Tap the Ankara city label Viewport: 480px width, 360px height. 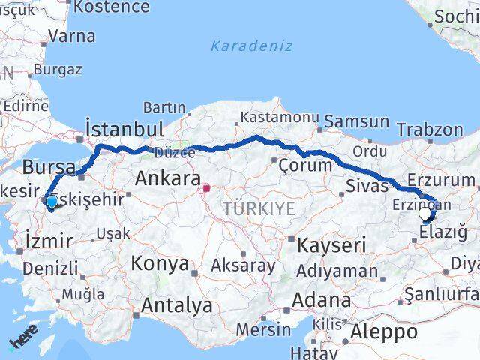tap(168, 179)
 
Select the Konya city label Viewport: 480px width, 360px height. tap(160, 263)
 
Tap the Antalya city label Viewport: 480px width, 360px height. tap(177, 305)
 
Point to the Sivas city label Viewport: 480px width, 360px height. tap(367, 185)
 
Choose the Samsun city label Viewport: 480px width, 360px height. tap(357, 121)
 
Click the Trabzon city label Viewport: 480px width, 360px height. tap(430, 130)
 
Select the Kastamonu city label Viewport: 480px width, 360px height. tap(279, 117)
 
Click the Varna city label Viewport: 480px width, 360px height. tap(71, 36)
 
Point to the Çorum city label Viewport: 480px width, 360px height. tap(306, 165)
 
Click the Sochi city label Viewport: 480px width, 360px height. tap(457, 16)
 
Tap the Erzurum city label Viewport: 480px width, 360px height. tap(442, 181)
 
